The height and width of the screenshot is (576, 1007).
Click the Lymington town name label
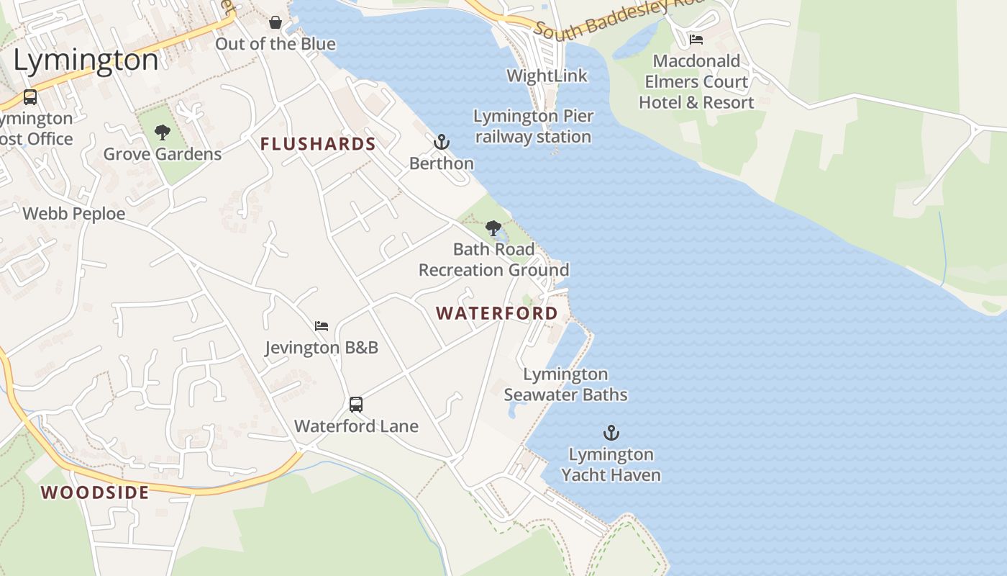(x=86, y=60)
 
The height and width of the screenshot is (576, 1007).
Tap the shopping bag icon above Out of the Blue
(x=275, y=23)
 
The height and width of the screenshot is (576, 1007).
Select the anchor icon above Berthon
(x=442, y=142)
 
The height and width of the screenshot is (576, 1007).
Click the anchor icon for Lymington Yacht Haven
(x=611, y=433)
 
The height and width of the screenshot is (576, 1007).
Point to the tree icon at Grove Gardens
(x=163, y=132)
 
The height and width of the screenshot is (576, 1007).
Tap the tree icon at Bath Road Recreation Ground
(x=493, y=229)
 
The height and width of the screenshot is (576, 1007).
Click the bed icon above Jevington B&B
(x=322, y=326)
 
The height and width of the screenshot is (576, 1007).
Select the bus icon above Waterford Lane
(x=356, y=405)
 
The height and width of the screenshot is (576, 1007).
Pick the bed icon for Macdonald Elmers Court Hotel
(x=696, y=40)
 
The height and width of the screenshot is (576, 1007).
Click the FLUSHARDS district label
(x=318, y=144)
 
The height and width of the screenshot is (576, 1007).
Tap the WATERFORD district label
(x=497, y=313)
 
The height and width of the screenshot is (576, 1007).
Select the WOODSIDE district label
(x=95, y=492)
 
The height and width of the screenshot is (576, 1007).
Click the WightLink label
(x=547, y=76)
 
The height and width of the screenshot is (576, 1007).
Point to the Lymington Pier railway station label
(x=533, y=126)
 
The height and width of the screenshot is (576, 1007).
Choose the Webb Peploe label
(x=74, y=214)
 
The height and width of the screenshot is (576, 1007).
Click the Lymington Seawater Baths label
(x=565, y=384)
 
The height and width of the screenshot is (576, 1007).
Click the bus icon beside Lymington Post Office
(x=29, y=96)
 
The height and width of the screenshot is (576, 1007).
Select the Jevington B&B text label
(x=322, y=348)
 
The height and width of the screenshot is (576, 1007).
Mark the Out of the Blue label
(x=275, y=44)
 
